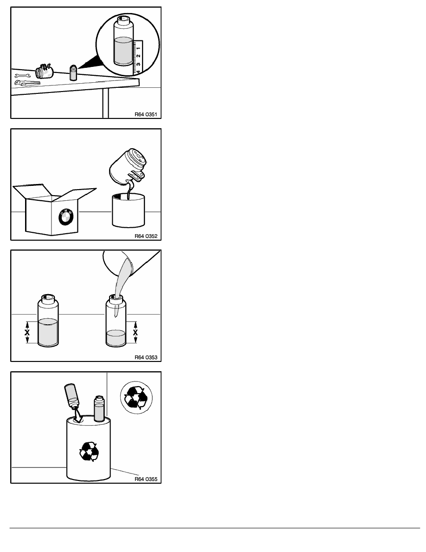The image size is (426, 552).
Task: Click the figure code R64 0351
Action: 146,114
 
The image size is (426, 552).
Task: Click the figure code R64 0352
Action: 146,236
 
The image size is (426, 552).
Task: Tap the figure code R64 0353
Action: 146,357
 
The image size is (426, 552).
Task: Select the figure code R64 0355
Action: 146,479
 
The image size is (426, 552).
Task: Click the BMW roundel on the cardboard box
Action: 66,217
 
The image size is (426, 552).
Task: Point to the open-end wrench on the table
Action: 22,75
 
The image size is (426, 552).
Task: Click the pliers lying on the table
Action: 27,83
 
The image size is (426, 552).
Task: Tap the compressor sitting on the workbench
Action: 44,72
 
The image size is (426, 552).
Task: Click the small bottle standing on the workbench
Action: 73,72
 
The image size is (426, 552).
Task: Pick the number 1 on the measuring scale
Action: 138,47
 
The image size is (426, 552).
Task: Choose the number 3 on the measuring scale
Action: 138,64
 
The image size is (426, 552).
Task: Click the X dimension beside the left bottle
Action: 27,332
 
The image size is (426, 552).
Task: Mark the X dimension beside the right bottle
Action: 136,332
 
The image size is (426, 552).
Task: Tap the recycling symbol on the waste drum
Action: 89,452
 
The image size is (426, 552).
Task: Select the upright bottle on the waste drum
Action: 99,409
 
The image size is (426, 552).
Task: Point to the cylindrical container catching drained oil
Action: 128,210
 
